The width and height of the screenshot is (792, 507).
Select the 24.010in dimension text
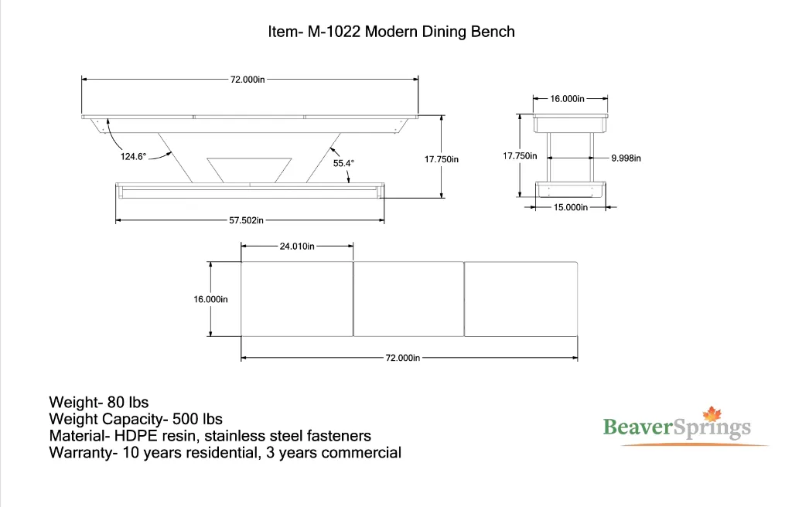(297, 247)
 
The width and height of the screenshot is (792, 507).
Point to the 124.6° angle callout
(133, 156)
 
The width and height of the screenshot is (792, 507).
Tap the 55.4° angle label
(344, 163)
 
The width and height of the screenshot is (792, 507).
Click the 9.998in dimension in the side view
(626, 158)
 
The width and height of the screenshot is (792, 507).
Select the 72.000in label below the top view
(403, 358)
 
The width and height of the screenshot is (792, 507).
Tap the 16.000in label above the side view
(568, 99)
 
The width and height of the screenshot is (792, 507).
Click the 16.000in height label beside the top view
(210, 299)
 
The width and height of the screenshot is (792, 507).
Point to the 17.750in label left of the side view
(520, 155)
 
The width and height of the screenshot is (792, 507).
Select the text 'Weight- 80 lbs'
(98, 402)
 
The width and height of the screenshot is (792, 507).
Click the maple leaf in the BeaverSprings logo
(711, 415)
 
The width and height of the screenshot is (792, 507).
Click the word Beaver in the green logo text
(637, 427)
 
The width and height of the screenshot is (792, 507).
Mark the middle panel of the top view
(408, 299)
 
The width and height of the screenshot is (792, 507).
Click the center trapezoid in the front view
(250, 169)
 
